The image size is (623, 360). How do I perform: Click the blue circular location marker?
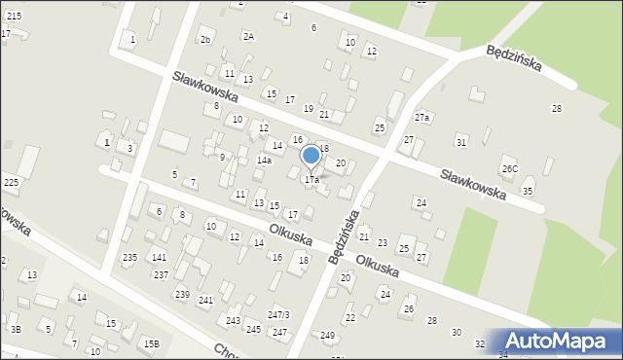pos(311,155)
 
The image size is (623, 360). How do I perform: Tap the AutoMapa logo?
pos(559,341)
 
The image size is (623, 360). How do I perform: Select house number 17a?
pos(311,180)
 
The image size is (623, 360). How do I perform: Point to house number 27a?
pos(421,118)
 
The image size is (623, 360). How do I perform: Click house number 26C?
pos(509,168)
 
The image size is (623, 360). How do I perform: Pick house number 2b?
pos(204,39)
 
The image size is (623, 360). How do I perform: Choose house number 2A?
pos(248,36)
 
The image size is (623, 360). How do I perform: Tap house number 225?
pos(11,182)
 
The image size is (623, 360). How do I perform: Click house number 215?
pos(13,17)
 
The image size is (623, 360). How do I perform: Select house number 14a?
pos(264,160)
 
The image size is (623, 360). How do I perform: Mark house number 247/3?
pos(278,314)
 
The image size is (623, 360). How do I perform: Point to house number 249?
pos(327,336)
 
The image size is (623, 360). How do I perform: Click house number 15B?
pos(151,343)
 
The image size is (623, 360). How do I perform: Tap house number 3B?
pos(16,330)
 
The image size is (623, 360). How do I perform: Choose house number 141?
pos(159,257)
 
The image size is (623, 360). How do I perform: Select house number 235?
pos(129,257)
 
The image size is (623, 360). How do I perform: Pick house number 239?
pos(182,294)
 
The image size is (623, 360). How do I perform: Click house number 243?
pos(233,320)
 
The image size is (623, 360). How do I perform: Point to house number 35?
pos(528,191)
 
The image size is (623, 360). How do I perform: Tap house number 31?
pos(461,142)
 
